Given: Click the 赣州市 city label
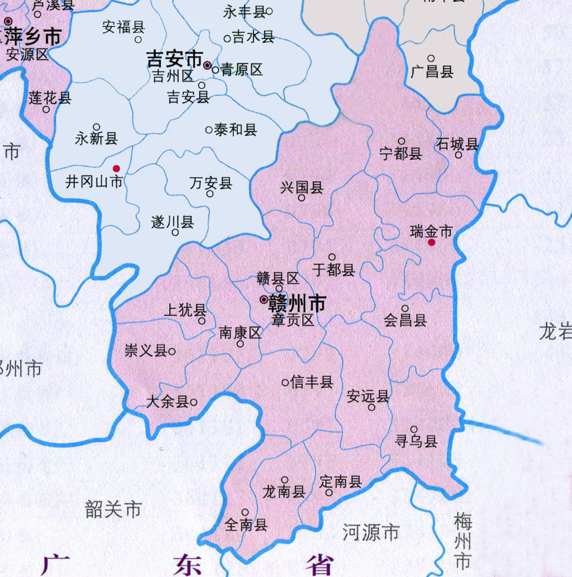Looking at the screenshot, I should click(x=297, y=304).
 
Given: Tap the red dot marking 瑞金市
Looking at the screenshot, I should click(x=432, y=243).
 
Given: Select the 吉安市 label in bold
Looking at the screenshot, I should click(x=174, y=60).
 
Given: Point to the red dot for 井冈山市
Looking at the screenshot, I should click(x=116, y=168).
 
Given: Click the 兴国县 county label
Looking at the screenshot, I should click(x=302, y=187).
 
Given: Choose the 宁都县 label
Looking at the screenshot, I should click(x=401, y=153).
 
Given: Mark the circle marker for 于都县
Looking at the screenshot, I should click(x=332, y=257).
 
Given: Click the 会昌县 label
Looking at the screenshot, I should click(x=406, y=320).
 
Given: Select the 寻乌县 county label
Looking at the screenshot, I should click(x=416, y=441).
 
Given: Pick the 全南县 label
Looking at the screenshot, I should click(x=247, y=525).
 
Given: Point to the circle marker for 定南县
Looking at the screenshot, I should click(x=329, y=492).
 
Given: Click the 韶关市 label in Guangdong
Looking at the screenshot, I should click(x=114, y=509).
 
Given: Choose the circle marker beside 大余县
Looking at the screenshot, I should click(x=194, y=402).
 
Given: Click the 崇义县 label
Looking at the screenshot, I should click(x=146, y=350).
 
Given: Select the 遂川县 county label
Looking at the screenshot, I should click(x=173, y=222).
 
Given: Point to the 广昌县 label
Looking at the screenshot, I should click(x=432, y=71).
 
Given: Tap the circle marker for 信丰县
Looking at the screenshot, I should click(x=285, y=382).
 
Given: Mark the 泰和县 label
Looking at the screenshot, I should click(x=235, y=130).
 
